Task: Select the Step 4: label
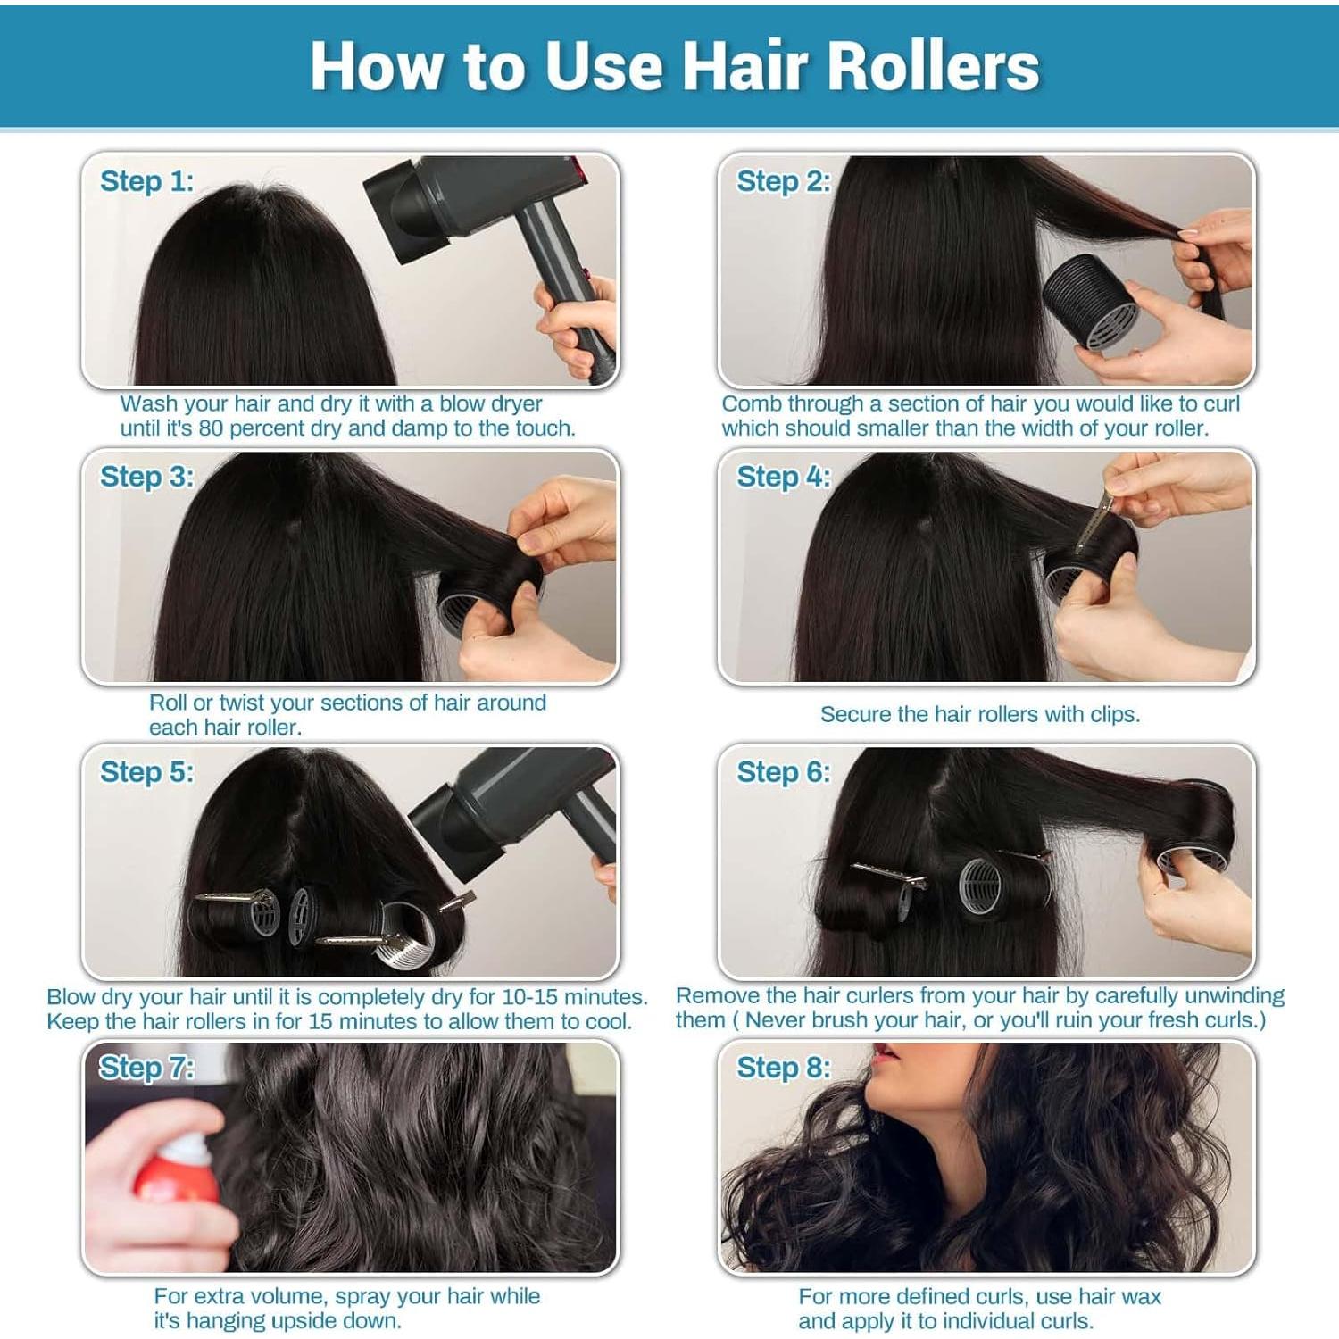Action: point(783,477)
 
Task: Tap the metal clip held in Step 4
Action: point(1094,522)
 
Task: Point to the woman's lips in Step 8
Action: point(886,1062)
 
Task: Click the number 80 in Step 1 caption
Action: point(211,428)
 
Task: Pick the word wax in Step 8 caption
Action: point(1143,1297)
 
